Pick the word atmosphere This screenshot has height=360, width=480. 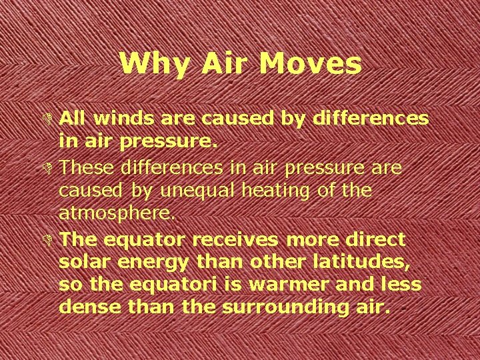click(117, 215)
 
